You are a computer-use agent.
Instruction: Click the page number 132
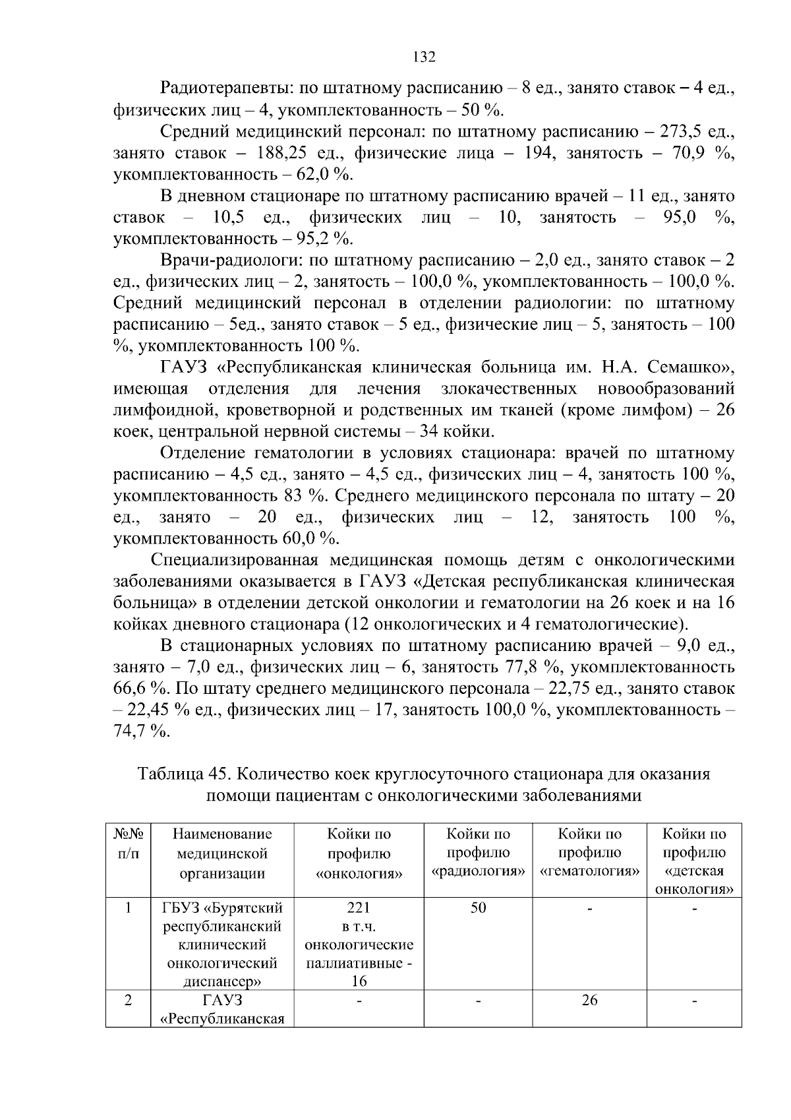tap(423, 57)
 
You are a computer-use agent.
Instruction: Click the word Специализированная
tap(235, 561)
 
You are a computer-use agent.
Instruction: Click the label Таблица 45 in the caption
tap(176, 774)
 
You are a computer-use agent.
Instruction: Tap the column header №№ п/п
tap(128, 844)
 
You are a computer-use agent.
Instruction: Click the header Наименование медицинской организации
tap(221, 854)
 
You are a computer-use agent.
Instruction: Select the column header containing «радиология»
tap(479, 854)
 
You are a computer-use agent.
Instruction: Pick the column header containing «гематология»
tap(589, 854)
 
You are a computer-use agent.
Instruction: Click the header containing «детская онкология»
tap(694, 861)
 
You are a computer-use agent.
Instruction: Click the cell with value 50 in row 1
tap(479, 908)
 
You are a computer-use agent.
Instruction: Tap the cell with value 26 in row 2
tap(589, 1000)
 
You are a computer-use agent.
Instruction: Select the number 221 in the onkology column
tap(359, 908)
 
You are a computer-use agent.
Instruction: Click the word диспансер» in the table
tap(221, 981)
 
